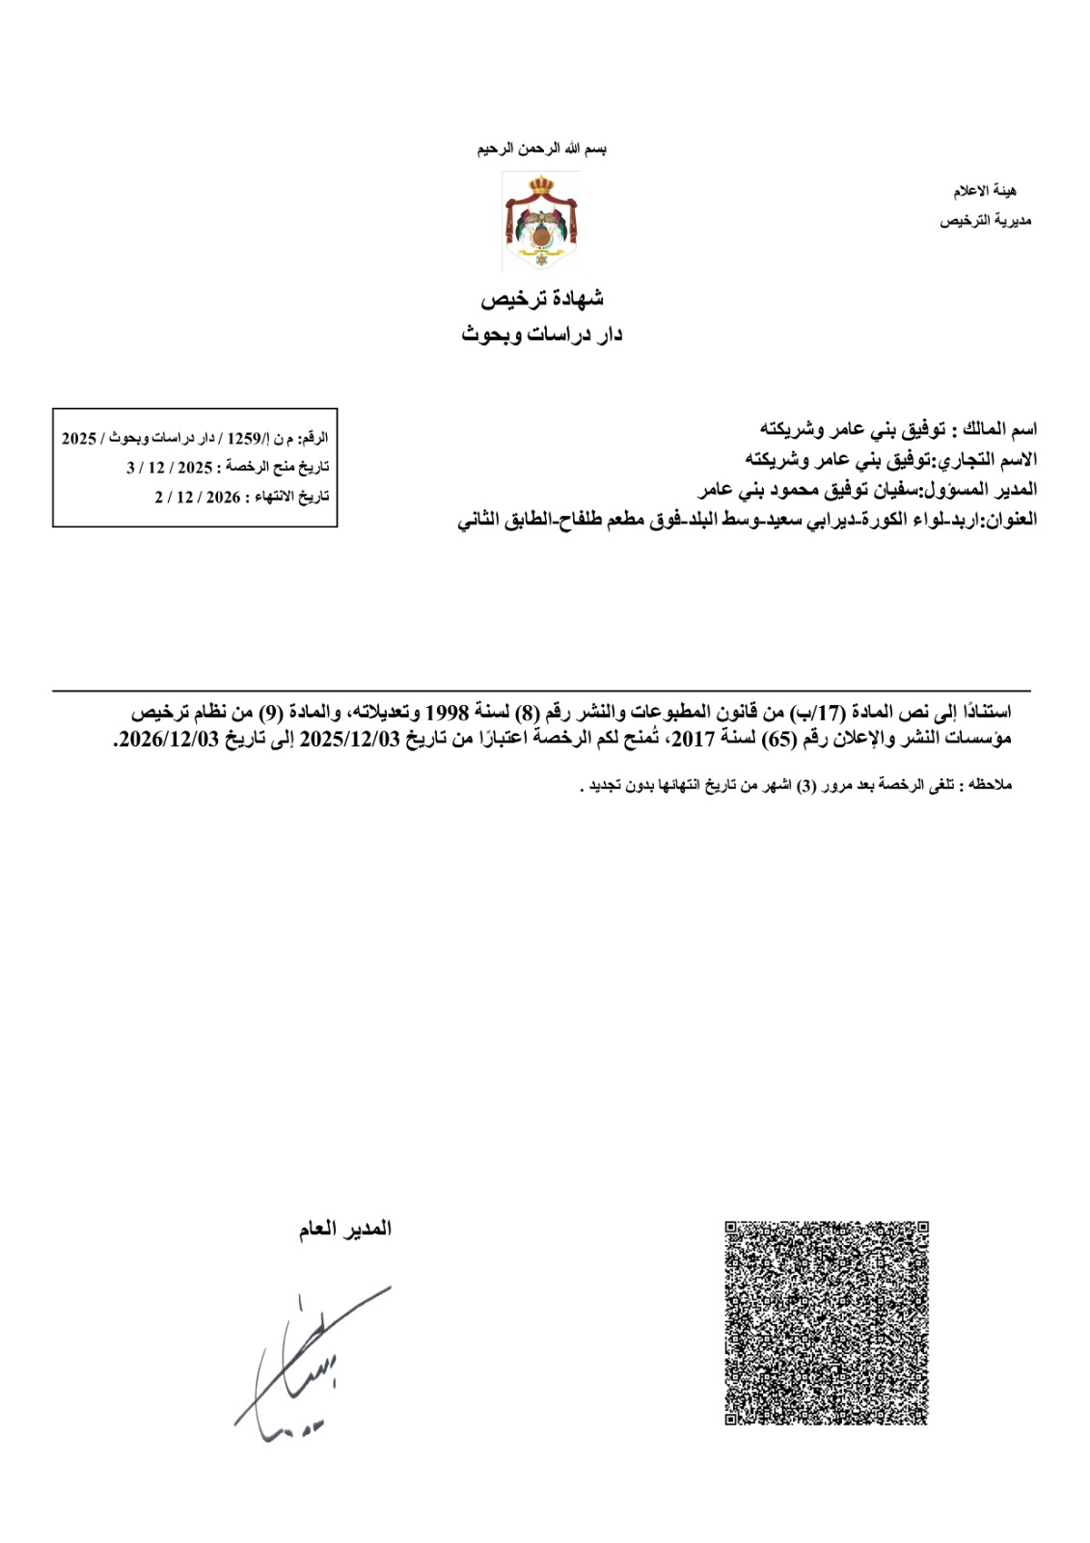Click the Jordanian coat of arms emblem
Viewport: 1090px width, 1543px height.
click(x=540, y=222)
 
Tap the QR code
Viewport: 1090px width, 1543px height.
click(x=826, y=1322)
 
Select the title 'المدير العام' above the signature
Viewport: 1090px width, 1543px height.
click(x=344, y=1229)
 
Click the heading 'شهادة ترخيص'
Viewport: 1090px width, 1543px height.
click(x=543, y=300)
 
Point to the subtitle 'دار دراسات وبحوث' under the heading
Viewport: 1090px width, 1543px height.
click(x=542, y=335)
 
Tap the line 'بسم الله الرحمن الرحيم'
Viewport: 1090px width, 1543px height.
click(x=543, y=149)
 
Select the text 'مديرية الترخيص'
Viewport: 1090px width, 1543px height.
click(x=985, y=222)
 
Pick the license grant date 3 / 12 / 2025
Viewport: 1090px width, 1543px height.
click(x=170, y=468)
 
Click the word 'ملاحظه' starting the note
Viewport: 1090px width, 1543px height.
click(x=991, y=786)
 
